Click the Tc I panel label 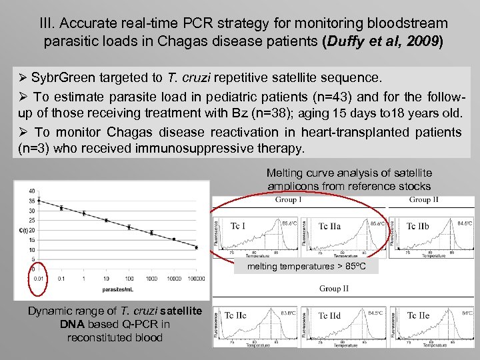(x=238, y=226)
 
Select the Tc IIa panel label (x=329, y=226)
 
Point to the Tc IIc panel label (x=235, y=315)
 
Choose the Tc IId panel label (x=329, y=315)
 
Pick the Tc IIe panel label (x=418, y=315)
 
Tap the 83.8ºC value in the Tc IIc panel (x=288, y=311)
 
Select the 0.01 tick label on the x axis (x=41, y=278)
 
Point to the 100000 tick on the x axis (x=196, y=278)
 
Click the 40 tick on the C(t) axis (x=31, y=191)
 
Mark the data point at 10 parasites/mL (x=106, y=220)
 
